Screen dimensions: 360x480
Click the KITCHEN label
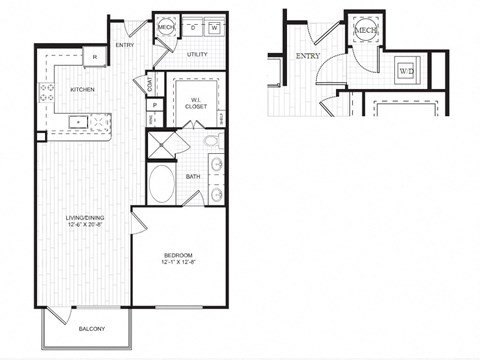[82, 89]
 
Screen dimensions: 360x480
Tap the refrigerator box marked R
[94, 58]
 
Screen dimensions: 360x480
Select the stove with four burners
[46, 94]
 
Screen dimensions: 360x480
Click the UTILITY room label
[196, 54]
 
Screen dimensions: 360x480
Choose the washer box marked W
[213, 29]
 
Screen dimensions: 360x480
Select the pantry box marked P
[155, 105]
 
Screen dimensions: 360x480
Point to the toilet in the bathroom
[213, 165]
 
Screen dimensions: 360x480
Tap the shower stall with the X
[161, 144]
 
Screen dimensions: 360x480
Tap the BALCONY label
[91, 327]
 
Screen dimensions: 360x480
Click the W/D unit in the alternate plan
[406, 72]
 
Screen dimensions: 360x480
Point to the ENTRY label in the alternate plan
[307, 57]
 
